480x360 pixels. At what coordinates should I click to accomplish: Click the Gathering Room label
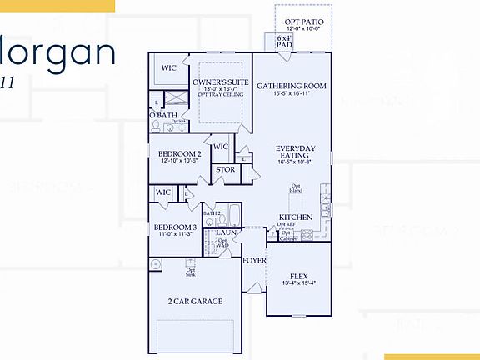tap(291, 86)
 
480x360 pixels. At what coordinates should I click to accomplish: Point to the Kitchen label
tap(296, 217)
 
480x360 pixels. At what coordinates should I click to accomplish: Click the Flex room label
tap(299, 276)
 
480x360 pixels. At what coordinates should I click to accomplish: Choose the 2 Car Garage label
tap(194, 301)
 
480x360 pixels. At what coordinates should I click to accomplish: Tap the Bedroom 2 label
tap(180, 154)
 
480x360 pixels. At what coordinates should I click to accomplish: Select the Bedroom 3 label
tap(174, 227)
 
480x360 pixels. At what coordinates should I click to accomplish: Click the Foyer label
tap(254, 261)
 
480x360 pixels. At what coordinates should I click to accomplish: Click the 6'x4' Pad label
tap(284, 40)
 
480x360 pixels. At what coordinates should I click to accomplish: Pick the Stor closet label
tap(225, 170)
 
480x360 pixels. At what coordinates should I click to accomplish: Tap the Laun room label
tap(223, 232)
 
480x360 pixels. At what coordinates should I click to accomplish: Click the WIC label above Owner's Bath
tap(170, 67)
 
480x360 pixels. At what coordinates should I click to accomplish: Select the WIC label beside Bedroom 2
tap(220, 147)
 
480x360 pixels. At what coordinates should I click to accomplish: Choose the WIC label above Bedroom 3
tap(163, 193)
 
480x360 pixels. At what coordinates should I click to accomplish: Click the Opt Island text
tap(296, 189)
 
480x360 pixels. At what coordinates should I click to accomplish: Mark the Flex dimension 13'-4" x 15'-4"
tap(299, 283)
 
